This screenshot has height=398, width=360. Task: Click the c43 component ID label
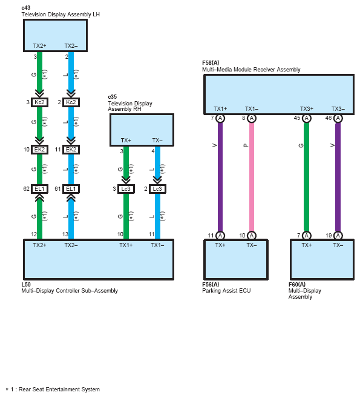pos(26,8)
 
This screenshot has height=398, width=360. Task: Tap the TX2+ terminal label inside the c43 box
pos(39,46)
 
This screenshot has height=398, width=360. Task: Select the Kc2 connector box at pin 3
pos(39,102)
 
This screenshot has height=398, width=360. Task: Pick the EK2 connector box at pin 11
pos(71,150)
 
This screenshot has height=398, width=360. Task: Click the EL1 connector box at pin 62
pos(39,189)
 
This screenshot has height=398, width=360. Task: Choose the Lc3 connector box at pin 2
pos(157,189)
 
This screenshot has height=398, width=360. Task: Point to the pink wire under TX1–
pos(252,177)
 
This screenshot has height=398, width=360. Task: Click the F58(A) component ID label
pos(211,62)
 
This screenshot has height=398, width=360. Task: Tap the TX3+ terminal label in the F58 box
pos(307,109)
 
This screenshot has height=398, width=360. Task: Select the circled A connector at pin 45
pos(307,118)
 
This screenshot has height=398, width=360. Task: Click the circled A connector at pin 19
pos(338,236)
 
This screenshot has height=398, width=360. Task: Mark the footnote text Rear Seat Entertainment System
pos(59,390)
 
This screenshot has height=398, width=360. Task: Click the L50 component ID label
pos(26,284)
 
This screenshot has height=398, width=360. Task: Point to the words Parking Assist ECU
pos(226,291)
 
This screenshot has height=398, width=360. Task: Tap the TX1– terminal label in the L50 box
pos(157,245)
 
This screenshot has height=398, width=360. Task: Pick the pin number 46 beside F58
pos(329,118)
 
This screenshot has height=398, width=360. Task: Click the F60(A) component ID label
pos(297,284)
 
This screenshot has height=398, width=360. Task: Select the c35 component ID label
pos(113,97)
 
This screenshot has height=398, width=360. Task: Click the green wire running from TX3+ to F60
pos(307,177)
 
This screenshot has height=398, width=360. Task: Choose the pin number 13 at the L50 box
pos(65,234)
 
